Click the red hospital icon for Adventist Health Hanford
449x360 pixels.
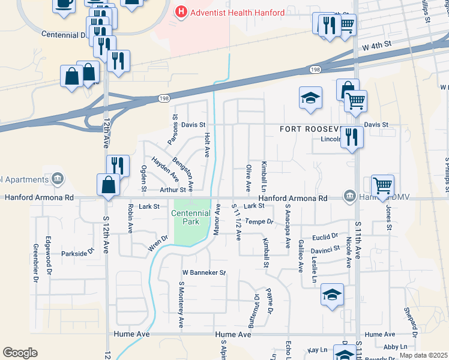[180, 11]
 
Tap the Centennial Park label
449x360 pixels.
[191, 217]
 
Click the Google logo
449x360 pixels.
[20, 352]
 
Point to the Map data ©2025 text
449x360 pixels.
[423, 355]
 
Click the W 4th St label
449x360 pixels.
[376, 44]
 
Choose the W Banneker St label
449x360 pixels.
[203, 272]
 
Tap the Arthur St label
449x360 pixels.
[175, 190]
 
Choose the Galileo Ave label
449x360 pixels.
[300, 254]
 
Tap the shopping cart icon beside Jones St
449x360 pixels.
[382, 185]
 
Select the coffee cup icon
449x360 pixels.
[64, 3]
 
